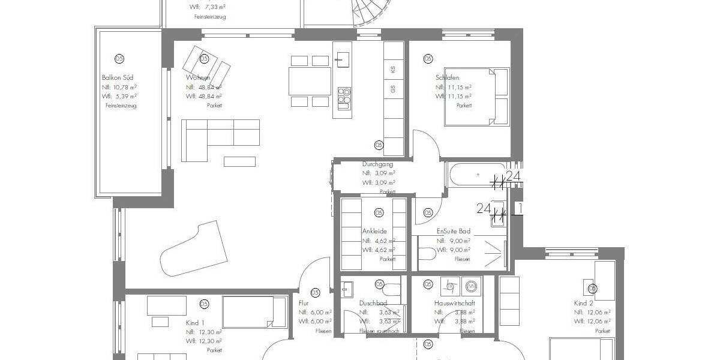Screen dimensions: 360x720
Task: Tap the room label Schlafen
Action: tap(447, 77)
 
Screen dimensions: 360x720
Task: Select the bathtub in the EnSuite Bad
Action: tap(476, 175)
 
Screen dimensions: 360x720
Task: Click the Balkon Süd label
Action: tap(118, 77)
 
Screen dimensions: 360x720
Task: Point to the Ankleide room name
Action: tap(374, 231)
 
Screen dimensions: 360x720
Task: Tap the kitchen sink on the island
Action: tap(343, 59)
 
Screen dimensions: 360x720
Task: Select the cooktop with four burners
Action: tap(344, 96)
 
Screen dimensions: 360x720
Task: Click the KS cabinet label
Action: tap(393, 70)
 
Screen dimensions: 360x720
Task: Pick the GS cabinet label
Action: tap(393, 89)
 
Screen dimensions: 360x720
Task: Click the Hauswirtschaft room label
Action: tap(454, 304)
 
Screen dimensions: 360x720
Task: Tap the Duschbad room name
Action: tap(373, 304)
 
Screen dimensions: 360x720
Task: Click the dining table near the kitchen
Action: tap(310, 81)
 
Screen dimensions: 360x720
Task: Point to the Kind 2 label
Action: tap(583, 304)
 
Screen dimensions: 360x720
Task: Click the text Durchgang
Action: tap(377, 164)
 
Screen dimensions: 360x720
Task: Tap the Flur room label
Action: tap(304, 304)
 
